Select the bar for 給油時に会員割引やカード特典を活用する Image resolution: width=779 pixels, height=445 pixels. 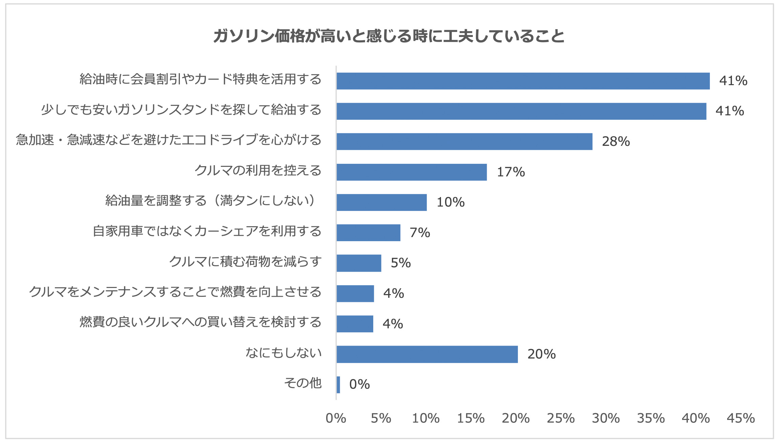pyautogui.click(x=523, y=81)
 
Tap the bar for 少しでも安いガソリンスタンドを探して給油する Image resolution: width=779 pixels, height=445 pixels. pyautogui.click(x=521, y=111)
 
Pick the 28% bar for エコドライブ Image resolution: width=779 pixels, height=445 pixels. pyautogui.click(x=464, y=141)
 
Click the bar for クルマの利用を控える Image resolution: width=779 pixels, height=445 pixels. pyautogui.click(x=412, y=172)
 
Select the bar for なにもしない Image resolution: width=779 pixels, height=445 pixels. pyautogui.click(x=427, y=354)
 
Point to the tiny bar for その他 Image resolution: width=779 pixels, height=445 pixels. pyautogui.click(x=338, y=385)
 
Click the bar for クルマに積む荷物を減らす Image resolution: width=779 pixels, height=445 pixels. pyautogui.click(x=359, y=263)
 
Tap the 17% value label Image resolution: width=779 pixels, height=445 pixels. pyautogui.click(x=511, y=172)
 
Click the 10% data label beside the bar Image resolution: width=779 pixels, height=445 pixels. pyautogui.click(x=450, y=202)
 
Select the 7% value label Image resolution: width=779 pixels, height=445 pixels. pyautogui.click(x=420, y=233)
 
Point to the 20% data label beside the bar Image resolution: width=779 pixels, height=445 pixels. pyautogui.click(x=541, y=354)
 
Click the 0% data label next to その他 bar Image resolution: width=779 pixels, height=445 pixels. pyautogui.click(x=359, y=384)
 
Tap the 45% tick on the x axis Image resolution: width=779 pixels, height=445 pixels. pyautogui.click(x=741, y=418)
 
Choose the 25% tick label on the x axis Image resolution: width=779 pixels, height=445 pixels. pyautogui.click(x=561, y=418)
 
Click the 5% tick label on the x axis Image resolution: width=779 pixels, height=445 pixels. pyautogui.click(x=381, y=418)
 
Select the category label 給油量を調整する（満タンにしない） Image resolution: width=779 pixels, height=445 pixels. pyautogui.click(x=212, y=200)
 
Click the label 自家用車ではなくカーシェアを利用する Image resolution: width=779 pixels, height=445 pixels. pyautogui.click(x=207, y=231)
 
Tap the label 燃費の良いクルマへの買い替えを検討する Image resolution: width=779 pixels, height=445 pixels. pyautogui.click(x=201, y=322)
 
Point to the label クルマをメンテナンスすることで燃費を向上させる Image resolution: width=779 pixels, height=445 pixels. pyautogui.click(x=175, y=292)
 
